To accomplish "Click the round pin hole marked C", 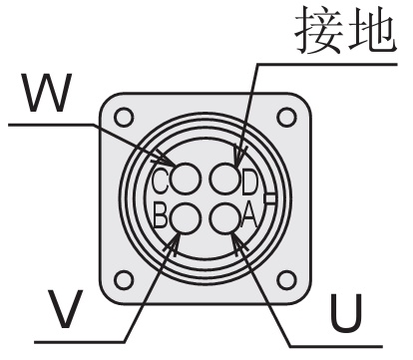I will (189, 180).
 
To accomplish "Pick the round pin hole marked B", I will (189, 216).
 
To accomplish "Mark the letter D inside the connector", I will (250, 180).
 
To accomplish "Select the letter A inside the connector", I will (250, 215).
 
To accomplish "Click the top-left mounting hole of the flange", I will (124, 117).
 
